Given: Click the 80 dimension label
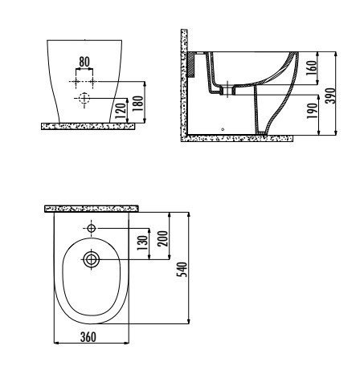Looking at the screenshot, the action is point(84,62).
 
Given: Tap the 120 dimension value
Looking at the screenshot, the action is point(121,111).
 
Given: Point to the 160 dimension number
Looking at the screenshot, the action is point(311,68).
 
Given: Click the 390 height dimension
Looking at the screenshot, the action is point(330,96).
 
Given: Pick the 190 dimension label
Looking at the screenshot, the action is point(312,111).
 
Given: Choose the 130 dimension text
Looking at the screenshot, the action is point(142,243).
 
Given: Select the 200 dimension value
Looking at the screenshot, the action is point(162,238).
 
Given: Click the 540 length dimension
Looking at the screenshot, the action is point(182,270).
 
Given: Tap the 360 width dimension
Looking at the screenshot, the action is point(88,337).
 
